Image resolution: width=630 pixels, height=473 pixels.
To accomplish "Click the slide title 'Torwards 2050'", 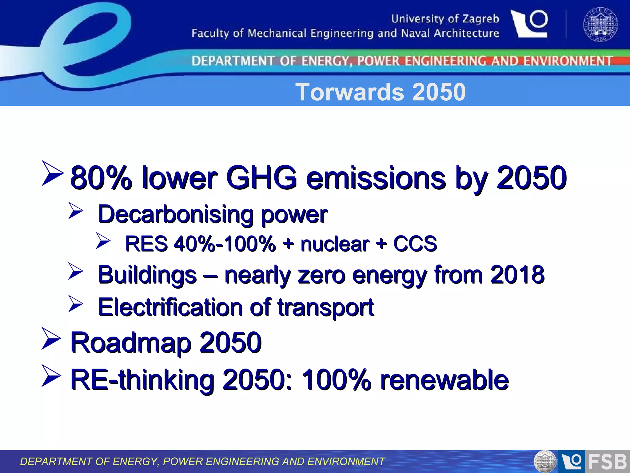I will pos(380,92).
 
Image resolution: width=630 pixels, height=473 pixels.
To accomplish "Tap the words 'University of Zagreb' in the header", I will pos(445,19).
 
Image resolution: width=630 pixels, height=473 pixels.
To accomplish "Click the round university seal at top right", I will pos(600,24).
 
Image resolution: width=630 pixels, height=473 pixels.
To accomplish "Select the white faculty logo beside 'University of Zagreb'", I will pos(529,24).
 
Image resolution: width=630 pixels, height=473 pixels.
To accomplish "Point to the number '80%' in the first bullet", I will pos(101,178).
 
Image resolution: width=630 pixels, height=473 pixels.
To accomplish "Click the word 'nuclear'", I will pos(335,244).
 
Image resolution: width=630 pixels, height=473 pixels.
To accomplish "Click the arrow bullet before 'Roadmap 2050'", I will pos(51,339).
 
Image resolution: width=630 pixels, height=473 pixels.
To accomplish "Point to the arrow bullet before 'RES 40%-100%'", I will pos(103,241).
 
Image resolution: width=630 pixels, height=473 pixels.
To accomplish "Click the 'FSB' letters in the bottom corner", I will pos(607,462).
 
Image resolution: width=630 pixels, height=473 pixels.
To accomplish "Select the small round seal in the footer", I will pos(545,462).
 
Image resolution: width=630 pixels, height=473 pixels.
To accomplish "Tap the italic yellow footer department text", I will pos(202,462).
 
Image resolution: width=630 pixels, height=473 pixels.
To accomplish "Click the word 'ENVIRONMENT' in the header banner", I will pos(568,61).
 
